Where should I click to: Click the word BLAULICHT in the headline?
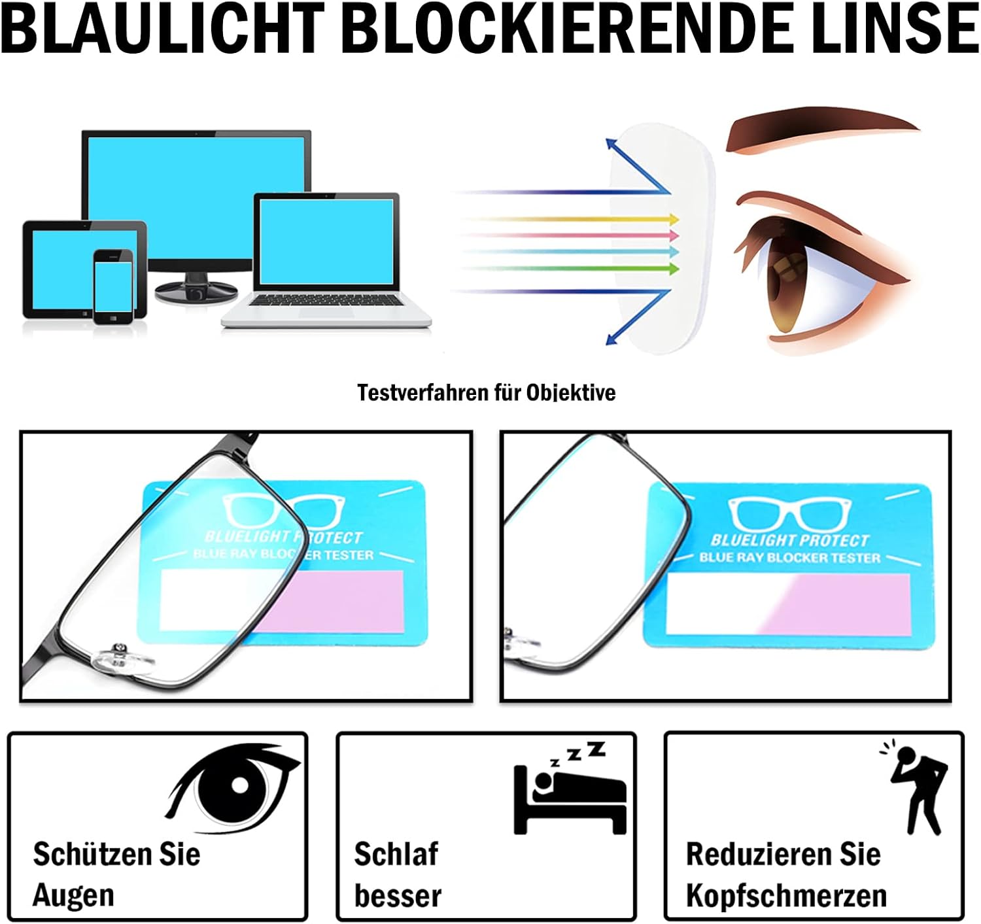click(163, 29)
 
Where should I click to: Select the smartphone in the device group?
click(113, 286)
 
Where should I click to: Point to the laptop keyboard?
click(325, 300)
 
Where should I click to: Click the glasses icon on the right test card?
click(790, 514)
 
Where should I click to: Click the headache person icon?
click(917, 788)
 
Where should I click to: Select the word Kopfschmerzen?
click(786, 895)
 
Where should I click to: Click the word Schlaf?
click(396, 854)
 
